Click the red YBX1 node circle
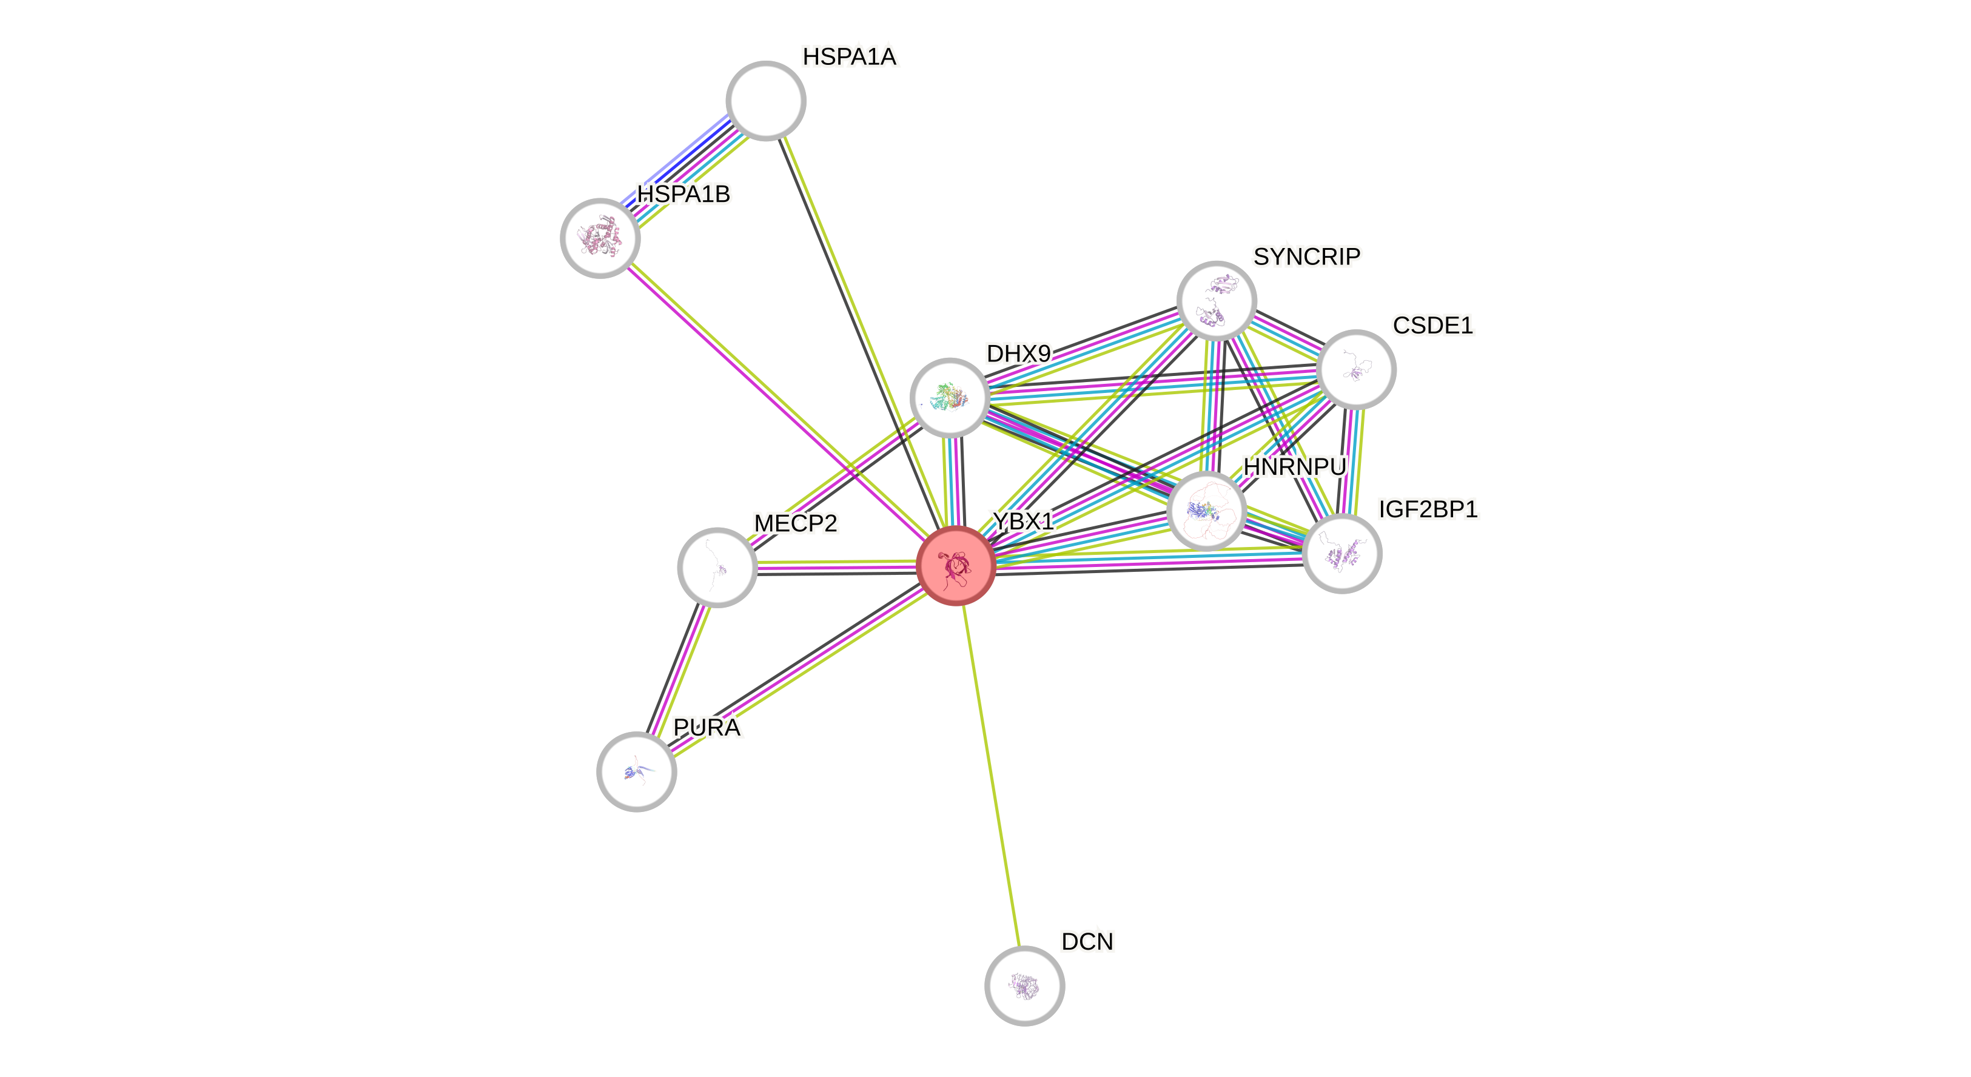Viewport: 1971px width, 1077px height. (956, 566)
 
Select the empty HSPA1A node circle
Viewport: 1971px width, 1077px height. (766, 101)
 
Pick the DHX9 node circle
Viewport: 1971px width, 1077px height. (950, 398)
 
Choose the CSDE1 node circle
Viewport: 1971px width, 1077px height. (1357, 369)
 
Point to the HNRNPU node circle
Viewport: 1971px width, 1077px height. (1207, 510)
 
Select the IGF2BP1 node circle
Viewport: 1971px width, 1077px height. (1342, 553)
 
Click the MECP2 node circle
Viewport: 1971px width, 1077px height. (717, 567)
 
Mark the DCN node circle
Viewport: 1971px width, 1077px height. (1024, 985)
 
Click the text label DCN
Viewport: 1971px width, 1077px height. (1087, 942)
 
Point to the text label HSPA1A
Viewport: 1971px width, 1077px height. (849, 56)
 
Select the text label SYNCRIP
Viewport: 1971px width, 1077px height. (1307, 257)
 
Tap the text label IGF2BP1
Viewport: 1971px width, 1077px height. (1428, 509)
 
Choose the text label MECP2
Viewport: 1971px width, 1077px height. (796, 523)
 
